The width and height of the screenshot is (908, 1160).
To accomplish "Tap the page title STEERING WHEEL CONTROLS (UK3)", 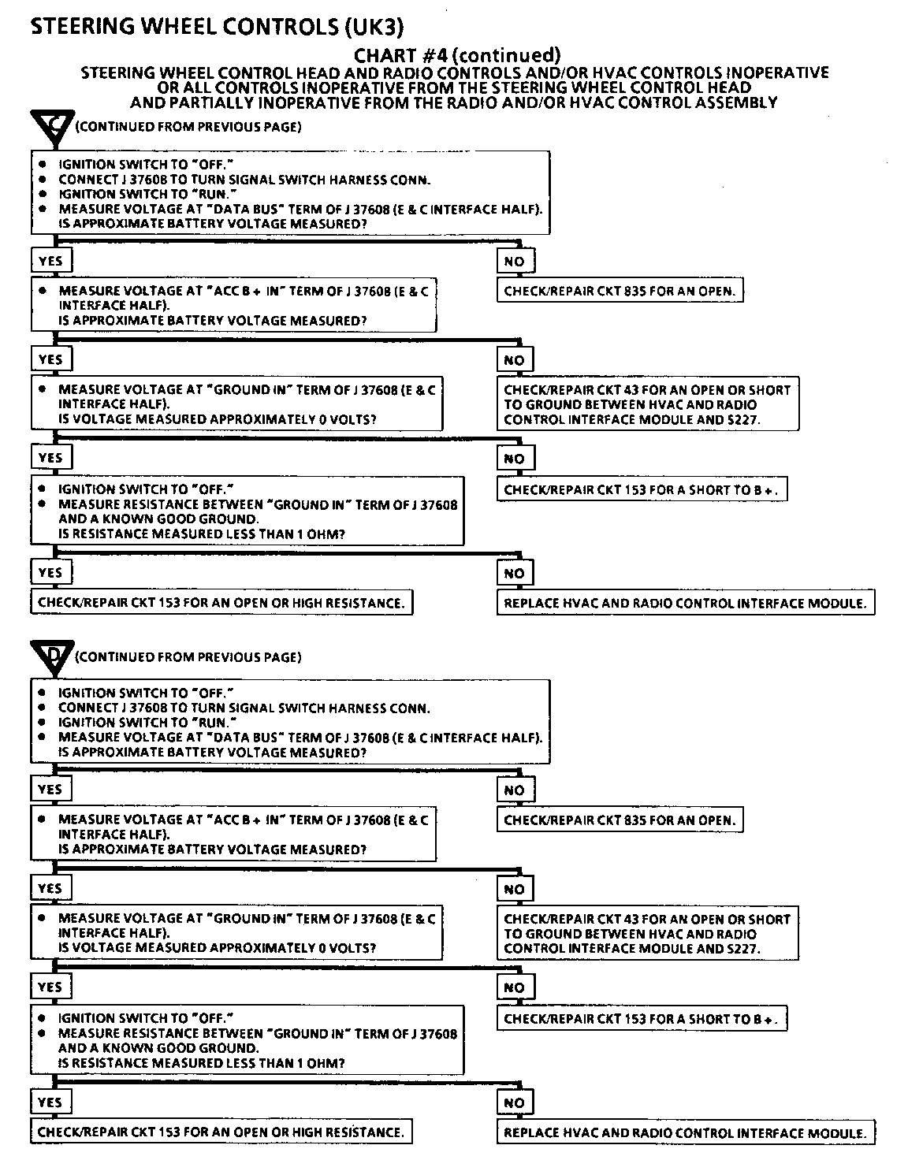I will click(217, 27).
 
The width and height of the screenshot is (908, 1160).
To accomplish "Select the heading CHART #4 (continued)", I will click(457, 55).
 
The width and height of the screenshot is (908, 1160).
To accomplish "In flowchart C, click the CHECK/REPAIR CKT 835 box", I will click(620, 292).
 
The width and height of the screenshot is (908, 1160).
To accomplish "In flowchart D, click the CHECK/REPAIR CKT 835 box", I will click(620, 820).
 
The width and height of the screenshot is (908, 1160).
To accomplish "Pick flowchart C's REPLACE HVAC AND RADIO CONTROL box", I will click(685, 604).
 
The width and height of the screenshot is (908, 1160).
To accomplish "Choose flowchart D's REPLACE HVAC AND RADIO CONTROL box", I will click(685, 1133).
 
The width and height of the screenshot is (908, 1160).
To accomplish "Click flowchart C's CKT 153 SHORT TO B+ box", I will click(642, 489).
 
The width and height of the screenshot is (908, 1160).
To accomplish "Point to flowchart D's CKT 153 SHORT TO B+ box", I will click(642, 1019).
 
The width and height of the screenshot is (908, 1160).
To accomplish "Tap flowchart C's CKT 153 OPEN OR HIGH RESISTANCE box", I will click(221, 604).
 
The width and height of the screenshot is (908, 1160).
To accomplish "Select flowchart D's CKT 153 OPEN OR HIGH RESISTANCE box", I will click(221, 1132).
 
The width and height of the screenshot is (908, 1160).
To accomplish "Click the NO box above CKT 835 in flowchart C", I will click(514, 262).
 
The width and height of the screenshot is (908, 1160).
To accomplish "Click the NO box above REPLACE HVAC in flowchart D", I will click(514, 1103).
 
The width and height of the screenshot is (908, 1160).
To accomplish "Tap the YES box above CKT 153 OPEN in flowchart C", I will click(50, 573).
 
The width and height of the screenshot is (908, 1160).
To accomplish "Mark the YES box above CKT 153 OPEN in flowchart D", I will click(50, 1102).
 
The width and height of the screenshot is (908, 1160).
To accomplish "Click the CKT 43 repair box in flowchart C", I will click(647, 405).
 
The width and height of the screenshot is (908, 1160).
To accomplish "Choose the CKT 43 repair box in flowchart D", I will click(647, 934).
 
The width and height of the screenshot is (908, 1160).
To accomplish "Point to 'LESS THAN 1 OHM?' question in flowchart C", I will click(201, 534).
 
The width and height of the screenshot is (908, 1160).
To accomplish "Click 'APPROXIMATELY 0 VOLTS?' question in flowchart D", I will click(217, 948).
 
